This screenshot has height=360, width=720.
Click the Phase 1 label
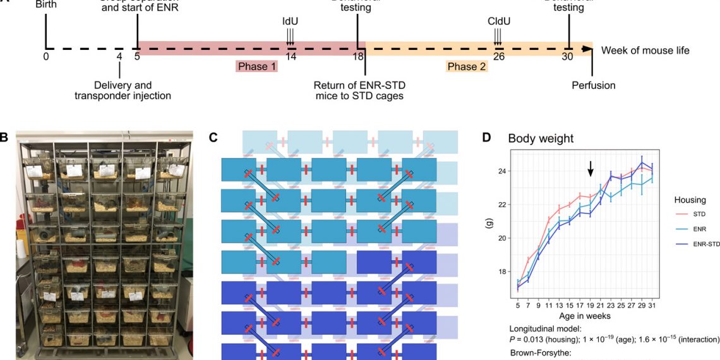257,66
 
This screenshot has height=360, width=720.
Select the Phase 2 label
467,66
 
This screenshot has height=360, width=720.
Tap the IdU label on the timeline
290,21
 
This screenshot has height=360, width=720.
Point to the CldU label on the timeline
499,21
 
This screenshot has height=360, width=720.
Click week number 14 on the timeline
291,56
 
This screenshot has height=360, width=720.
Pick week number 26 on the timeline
499,56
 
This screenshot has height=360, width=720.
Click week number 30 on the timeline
568,56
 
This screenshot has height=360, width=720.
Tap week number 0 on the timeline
45,56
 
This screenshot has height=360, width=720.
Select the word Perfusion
593,85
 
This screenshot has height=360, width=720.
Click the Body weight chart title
541,138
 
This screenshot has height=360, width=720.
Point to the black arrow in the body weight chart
591,168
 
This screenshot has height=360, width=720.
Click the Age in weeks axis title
584,315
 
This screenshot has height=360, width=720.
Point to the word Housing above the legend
690,199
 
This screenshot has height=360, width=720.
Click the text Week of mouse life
645,50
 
